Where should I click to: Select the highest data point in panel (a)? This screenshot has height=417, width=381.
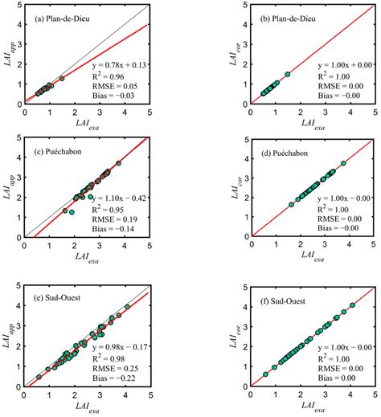[62, 78]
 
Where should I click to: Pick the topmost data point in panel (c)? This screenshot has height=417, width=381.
[118, 163]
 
